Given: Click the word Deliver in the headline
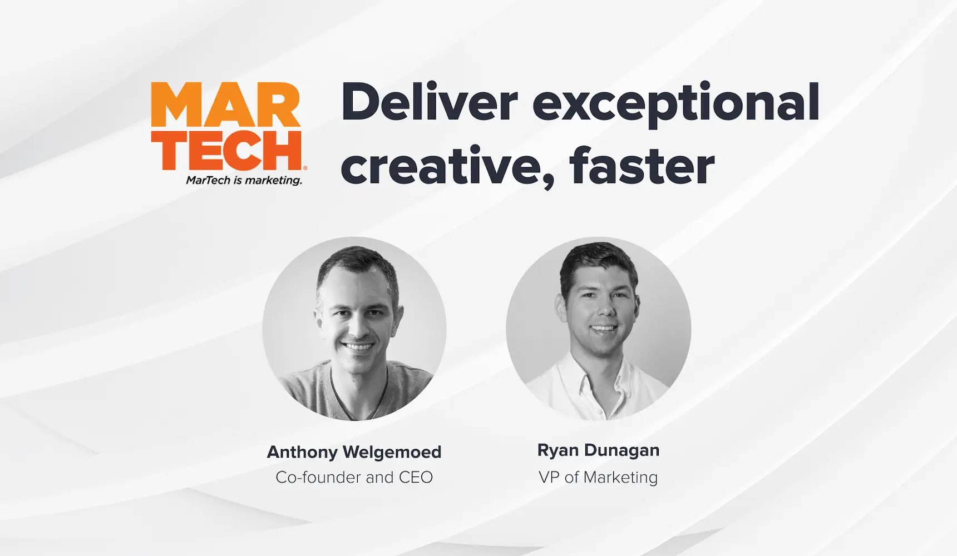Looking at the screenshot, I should (x=429, y=102).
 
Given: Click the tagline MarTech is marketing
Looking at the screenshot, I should (x=244, y=180).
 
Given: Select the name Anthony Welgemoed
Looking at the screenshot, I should (x=354, y=452).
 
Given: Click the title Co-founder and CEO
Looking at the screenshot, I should (x=354, y=477).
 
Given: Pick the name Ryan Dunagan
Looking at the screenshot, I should (x=598, y=450).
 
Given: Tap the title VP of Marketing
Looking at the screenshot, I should (x=598, y=477).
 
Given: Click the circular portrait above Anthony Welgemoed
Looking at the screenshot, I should (x=354, y=328).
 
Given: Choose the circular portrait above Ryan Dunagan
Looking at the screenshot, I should (x=598, y=328).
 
